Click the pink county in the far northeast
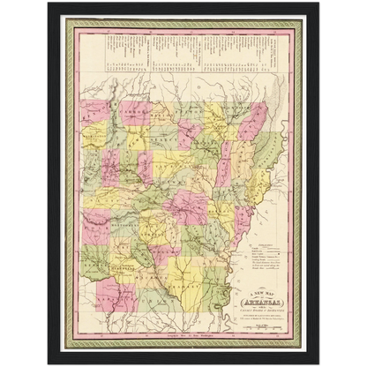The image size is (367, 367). (x=254, y=120)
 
